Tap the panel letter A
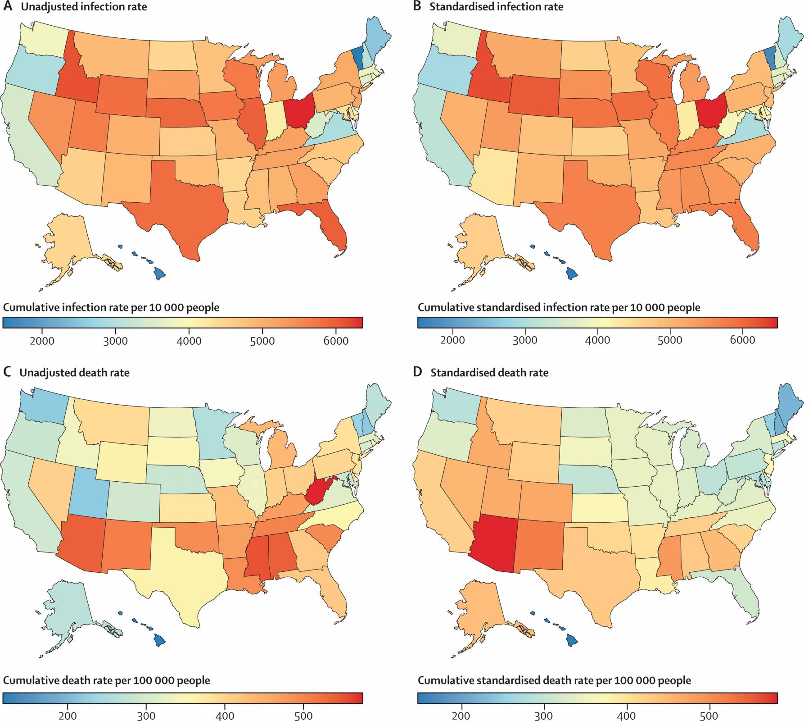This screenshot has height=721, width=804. tap(7, 7)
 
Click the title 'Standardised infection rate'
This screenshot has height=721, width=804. tap(496, 7)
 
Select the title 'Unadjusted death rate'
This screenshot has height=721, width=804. tap(74, 373)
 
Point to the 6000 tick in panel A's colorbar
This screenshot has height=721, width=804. tap(336, 341)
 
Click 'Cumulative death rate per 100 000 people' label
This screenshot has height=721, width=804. tap(107, 680)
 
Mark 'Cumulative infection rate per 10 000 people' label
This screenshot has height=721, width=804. tap(111, 307)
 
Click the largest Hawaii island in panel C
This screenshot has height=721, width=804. tap(159, 640)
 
